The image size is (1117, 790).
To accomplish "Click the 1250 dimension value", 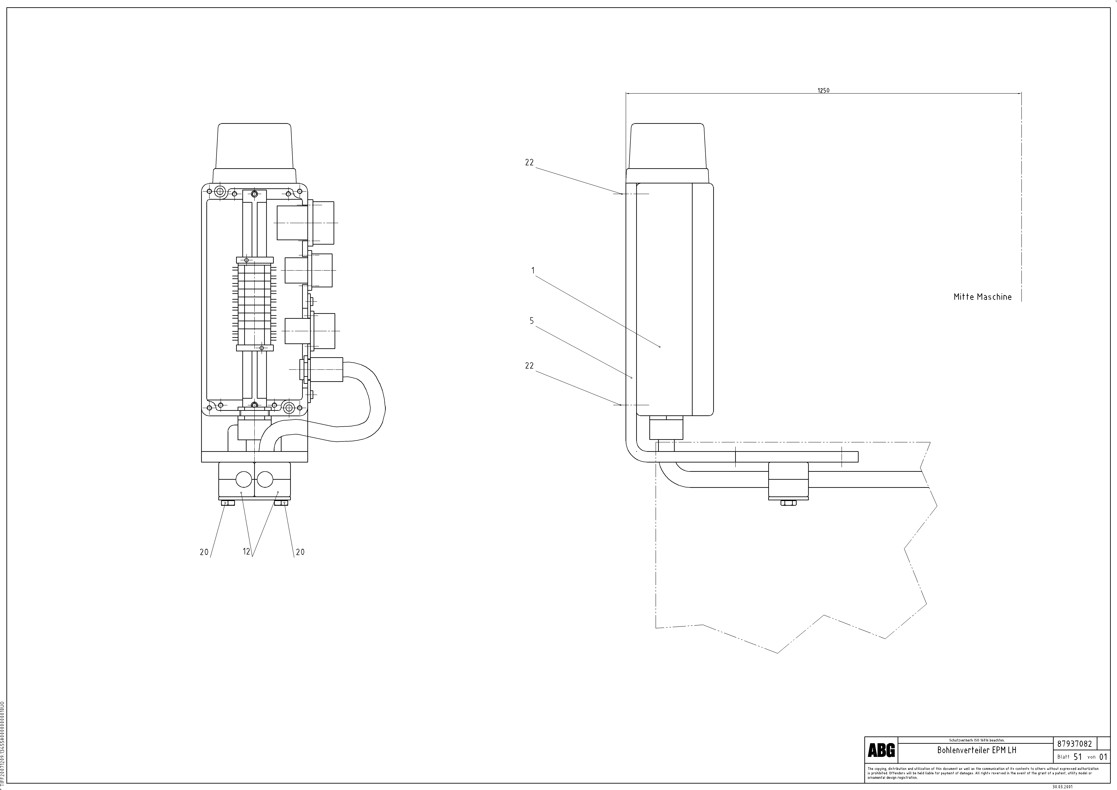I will click(x=823, y=91).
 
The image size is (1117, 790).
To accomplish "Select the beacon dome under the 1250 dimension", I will click(x=667, y=146).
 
